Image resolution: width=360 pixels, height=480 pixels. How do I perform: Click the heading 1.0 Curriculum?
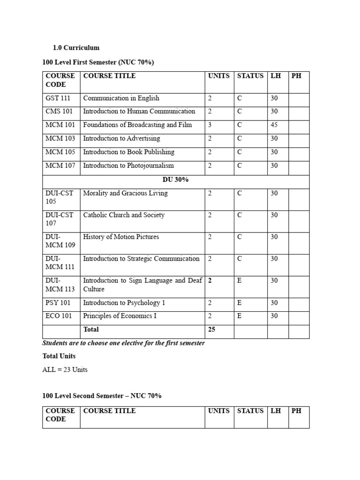point(76,48)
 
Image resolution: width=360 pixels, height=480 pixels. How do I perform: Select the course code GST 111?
point(58,98)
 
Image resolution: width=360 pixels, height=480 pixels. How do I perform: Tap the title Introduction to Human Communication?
point(139,111)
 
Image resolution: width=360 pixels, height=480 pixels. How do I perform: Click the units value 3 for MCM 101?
point(210,125)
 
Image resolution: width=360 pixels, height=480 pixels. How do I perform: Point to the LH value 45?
point(274,125)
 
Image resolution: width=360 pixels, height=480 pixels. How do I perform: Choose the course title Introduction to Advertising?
point(121,138)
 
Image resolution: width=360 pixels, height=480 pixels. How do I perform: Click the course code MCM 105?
point(60,152)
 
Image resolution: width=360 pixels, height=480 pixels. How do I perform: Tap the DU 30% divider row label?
point(175,180)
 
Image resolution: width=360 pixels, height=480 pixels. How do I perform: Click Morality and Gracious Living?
point(125,193)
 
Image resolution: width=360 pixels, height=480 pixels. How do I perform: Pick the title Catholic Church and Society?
point(124,215)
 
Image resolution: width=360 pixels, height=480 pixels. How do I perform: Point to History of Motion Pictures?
point(121,237)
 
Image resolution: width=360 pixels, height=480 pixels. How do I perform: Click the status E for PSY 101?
point(240,303)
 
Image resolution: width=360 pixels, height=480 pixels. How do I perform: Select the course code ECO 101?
point(59,316)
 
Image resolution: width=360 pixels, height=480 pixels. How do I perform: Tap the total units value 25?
point(211,330)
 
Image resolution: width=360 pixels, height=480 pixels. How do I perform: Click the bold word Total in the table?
point(91,330)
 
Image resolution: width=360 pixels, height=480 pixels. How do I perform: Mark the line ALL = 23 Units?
point(65,369)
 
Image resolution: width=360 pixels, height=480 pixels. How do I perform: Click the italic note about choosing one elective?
point(124,343)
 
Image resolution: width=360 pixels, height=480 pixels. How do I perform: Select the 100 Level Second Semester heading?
point(102,396)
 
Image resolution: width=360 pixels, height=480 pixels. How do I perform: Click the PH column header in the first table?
point(296,75)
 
